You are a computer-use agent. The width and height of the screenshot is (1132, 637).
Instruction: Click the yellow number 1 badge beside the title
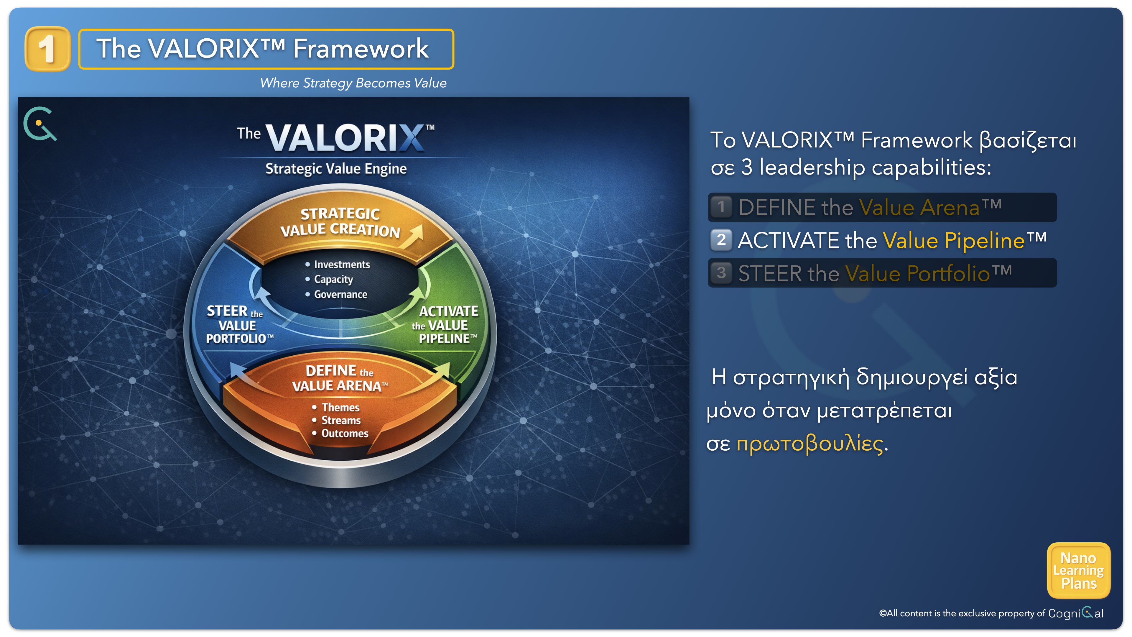[x=48, y=49]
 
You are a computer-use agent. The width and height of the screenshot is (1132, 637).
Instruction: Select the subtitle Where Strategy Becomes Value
[x=353, y=83]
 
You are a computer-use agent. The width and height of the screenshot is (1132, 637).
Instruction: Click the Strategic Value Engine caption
[x=336, y=169]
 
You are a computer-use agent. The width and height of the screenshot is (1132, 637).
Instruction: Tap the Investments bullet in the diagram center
[x=338, y=264]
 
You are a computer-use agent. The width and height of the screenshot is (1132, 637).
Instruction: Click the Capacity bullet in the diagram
[x=330, y=280]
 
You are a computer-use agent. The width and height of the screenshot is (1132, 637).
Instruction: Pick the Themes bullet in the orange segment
[x=336, y=408]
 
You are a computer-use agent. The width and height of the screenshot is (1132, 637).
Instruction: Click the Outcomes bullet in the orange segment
[x=340, y=434]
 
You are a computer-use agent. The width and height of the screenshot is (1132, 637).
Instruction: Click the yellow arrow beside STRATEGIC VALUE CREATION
[x=414, y=237]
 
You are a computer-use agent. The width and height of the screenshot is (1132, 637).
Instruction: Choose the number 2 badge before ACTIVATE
[x=721, y=240]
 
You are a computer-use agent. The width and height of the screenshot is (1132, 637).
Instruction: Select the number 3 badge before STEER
[x=721, y=273]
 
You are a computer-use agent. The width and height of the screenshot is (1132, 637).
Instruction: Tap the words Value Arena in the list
[x=919, y=208]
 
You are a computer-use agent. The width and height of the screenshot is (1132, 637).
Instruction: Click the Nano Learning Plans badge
[x=1079, y=571]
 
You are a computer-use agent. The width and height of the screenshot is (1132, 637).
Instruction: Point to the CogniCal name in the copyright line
[x=1076, y=613]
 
